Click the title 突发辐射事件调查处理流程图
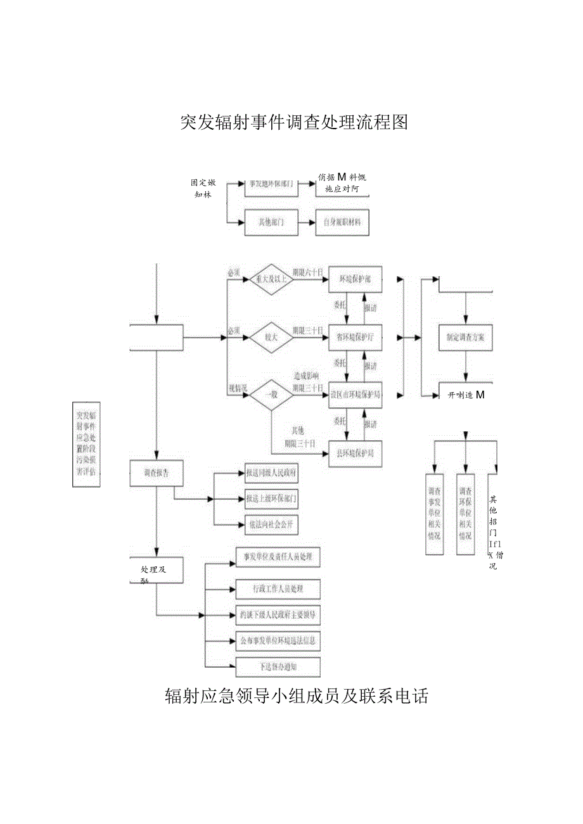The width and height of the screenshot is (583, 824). tap(293, 122)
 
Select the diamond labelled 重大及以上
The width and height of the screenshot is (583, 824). tap(271, 279)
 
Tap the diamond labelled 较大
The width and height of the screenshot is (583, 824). tap(271, 338)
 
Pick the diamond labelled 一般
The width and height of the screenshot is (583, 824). tap(271, 394)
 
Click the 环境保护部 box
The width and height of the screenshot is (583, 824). tap(356, 279)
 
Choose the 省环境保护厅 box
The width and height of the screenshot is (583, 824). tap(356, 338)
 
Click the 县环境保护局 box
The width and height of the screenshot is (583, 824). tap(356, 453)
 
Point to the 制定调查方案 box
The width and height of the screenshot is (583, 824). tap(466, 338)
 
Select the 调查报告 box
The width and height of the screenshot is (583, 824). tap(157, 472)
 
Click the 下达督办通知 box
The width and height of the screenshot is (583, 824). tap(278, 667)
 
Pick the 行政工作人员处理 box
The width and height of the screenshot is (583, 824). tap(278, 589)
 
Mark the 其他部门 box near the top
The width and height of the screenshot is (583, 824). tap(271, 223)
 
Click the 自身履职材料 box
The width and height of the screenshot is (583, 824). tap(342, 223)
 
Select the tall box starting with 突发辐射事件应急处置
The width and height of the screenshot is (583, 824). tap(86, 444)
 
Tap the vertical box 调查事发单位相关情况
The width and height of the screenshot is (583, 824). tap(435, 514)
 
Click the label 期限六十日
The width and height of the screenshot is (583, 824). tap(307, 272)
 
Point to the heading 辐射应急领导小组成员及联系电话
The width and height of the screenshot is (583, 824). tap(297, 697)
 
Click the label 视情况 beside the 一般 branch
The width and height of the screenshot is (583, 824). tap(237, 386)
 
